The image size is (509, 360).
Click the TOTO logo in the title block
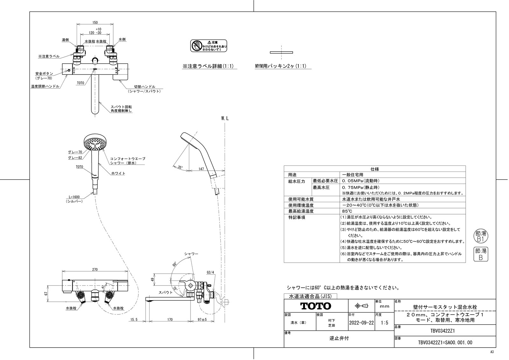pos(316,306)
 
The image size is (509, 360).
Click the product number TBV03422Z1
pos(445,330)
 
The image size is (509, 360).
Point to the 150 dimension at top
pos(95,23)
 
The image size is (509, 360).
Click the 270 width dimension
pos(95,270)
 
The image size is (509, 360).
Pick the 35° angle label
pos(181,167)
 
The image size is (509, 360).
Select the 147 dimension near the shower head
pos(201,169)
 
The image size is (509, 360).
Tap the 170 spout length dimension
pos(170,319)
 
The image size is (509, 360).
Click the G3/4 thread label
pos(211,272)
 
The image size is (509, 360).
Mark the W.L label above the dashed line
pos(225,118)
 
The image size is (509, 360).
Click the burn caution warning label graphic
pos(209,46)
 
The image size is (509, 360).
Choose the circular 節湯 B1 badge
pos(480,236)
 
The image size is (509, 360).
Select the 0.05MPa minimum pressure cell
pos(361,181)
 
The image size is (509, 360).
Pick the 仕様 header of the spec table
pos(374,169)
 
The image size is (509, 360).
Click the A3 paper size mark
pos(492,352)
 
